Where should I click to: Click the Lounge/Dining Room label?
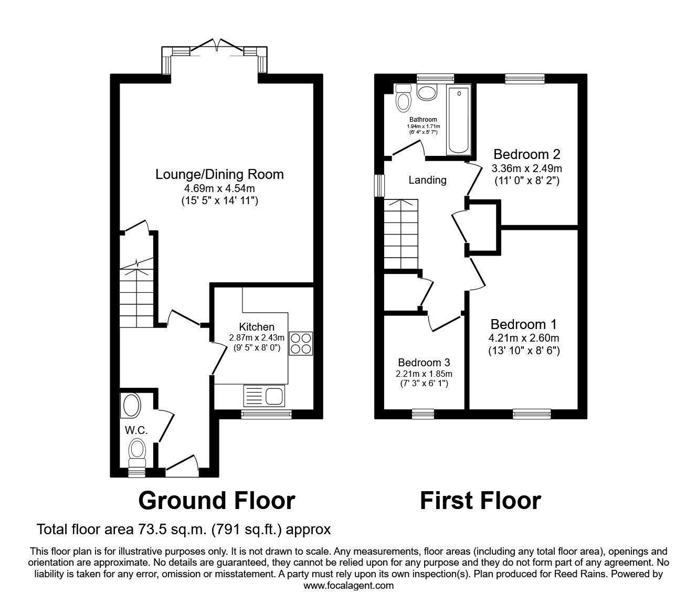(219, 174)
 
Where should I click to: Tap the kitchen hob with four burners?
(300, 344)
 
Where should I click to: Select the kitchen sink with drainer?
(264, 395)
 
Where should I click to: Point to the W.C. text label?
(135, 430)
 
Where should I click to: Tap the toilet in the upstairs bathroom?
(403, 98)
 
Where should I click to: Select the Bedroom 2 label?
(526, 154)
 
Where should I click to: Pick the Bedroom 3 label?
(424, 363)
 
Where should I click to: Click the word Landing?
(427, 180)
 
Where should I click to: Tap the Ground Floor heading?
(216, 501)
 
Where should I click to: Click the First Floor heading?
(480, 501)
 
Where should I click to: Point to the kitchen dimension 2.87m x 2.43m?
(257, 337)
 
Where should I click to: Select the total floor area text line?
(184, 529)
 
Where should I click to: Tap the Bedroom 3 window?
(423, 414)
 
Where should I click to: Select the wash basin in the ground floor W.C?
(131, 405)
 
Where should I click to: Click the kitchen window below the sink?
(266, 415)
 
